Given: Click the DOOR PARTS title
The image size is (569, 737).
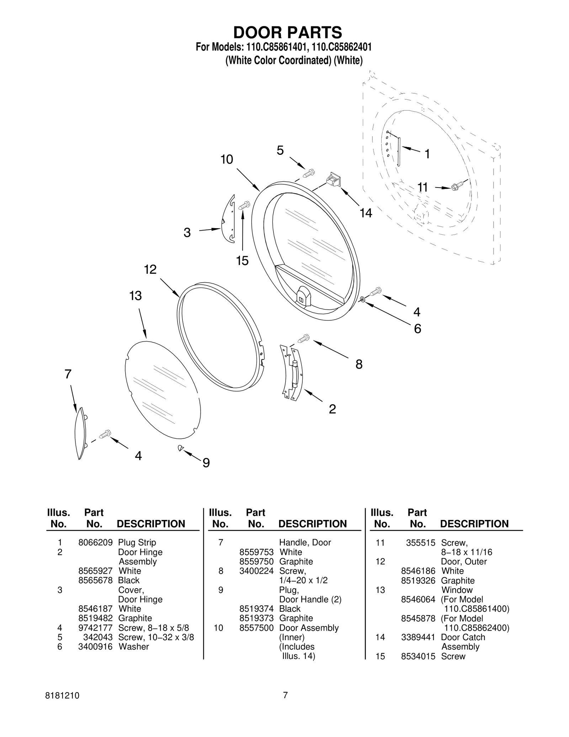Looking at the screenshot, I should [287, 32].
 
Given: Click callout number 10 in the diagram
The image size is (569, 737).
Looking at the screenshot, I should [227, 159].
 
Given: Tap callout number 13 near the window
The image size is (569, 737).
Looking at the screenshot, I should [135, 296].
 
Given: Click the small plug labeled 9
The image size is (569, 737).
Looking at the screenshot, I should [181, 448].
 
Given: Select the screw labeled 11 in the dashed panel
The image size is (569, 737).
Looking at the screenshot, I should [457, 186].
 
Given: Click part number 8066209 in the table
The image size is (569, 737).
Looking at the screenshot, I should [95, 542].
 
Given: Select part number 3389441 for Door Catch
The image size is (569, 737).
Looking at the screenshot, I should [418, 637].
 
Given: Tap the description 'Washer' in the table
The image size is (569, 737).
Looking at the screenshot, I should [134, 647].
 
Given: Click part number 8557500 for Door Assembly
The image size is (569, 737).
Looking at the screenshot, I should [256, 628].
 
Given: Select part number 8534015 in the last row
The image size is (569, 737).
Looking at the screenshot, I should [418, 656].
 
